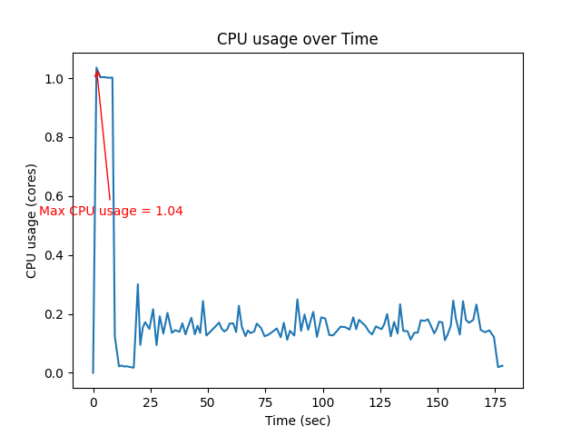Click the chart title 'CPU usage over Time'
point(297,40)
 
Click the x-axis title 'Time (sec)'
point(297,421)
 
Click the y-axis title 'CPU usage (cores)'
point(32,221)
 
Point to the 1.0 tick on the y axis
point(54,79)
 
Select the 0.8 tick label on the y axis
point(54,138)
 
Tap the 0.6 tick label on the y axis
point(54,196)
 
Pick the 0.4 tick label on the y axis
point(54,255)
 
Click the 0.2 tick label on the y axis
point(54,314)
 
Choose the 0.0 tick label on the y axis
point(54,373)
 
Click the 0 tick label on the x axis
point(94,401)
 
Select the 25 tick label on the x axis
point(151,401)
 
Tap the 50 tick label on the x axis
point(208,401)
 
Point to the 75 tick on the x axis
point(265,401)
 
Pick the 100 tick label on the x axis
point(322,401)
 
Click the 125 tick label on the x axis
point(380,401)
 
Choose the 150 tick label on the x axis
point(438,401)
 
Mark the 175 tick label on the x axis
point(495,401)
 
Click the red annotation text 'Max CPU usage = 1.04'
point(111,212)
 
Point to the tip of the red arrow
point(96,68)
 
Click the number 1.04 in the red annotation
point(169,212)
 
